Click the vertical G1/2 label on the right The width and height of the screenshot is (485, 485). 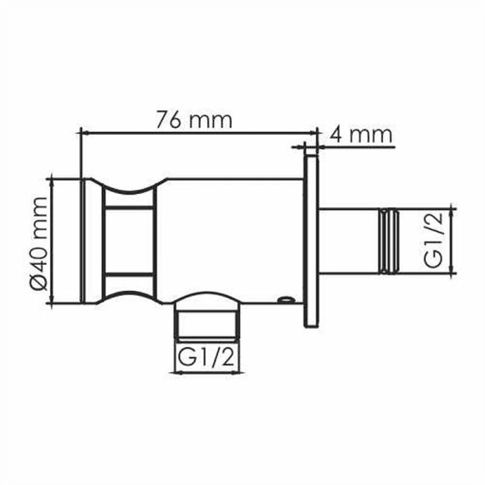tap(432, 240)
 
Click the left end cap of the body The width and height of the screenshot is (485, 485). tap(91, 241)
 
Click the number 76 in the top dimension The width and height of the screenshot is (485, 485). tap(170, 119)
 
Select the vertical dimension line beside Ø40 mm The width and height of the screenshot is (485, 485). tap(52, 241)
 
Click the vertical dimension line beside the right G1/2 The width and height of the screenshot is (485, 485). tap(452, 240)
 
